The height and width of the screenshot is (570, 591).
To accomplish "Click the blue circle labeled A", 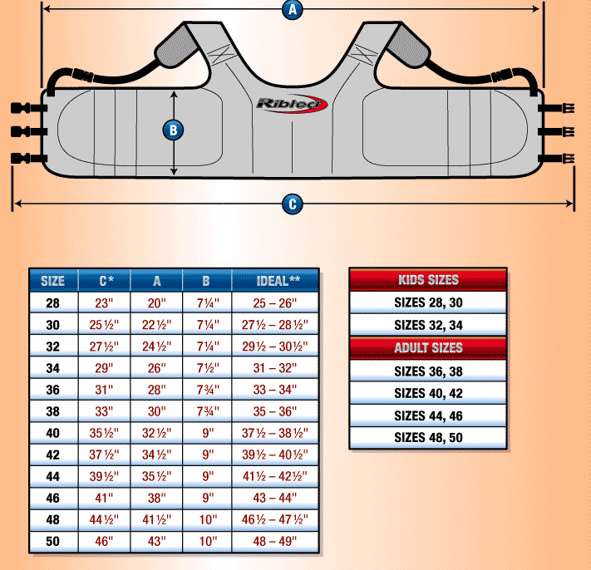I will pyautogui.click(x=291, y=10).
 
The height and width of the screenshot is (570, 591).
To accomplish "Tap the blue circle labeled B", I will pyautogui.click(x=174, y=130).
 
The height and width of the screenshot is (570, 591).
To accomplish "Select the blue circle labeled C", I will pyautogui.click(x=291, y=204).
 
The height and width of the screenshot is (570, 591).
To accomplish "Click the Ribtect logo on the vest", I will pyautogui.click(x=292, y=104).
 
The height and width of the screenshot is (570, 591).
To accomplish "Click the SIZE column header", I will pyautogui.click(x=53, y=281).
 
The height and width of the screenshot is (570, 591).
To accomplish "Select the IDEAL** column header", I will pyautogui.click(x=275, y=281).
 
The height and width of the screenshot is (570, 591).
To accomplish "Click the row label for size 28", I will pyautogui.click(x=53, y=302).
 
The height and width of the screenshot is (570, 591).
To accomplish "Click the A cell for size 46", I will pyautogui.click(x=157, y=499).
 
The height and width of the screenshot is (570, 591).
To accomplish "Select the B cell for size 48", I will pyautogui.click(x=207, y=520).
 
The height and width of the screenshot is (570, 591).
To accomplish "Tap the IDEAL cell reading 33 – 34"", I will pyautogui.click(x=275, y=389).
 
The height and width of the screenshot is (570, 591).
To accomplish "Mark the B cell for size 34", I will pyautogui.click(x=207, y=367).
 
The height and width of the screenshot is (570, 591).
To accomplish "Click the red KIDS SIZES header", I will pyautogui.click(x=428, y=280).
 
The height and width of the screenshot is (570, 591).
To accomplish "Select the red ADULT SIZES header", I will pyautogui.click(x=428, y=348).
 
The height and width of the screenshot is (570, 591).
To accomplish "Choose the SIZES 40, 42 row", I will pyautogui.click(x=428, y=393).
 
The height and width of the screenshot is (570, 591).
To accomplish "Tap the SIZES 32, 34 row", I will pyautogui.click(x=428, y=325).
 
